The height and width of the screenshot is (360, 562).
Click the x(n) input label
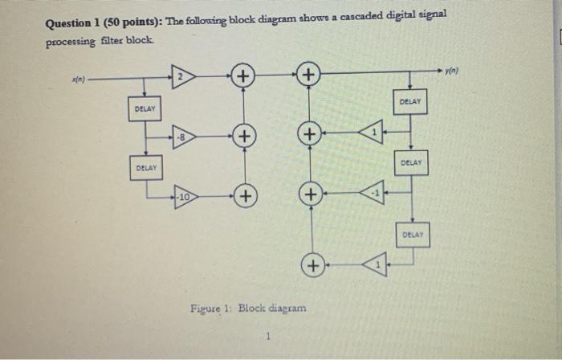(79, 79)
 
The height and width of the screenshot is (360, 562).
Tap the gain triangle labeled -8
(184, 136)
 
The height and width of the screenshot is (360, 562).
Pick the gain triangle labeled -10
(184, 195)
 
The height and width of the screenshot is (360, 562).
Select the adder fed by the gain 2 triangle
(242, 78)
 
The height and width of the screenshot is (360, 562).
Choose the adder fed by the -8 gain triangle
(242, 136)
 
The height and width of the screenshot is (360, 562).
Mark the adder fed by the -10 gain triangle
(242, 195)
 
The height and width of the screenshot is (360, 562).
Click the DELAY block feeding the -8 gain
(145, 108)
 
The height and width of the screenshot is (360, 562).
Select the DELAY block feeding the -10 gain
(145, 167)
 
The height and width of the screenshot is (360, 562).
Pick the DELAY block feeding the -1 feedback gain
(410, 162)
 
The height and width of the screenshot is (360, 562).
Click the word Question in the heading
(71, 23)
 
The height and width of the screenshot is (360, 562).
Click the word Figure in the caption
(206, 308)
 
